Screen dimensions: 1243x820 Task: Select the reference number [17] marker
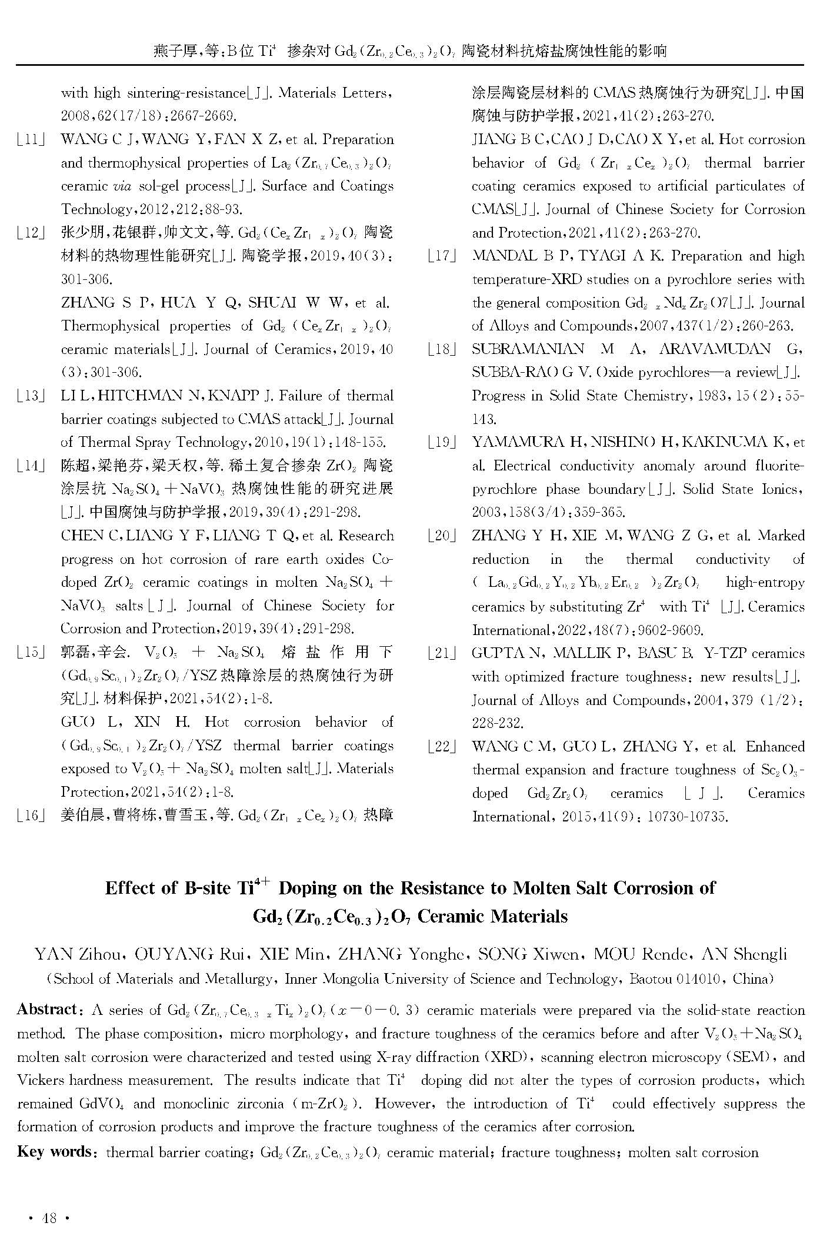click(x=442, y=256)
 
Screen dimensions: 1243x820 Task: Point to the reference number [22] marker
click(x=442, y=747)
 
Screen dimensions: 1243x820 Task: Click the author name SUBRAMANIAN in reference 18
click(x=527, y=349)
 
